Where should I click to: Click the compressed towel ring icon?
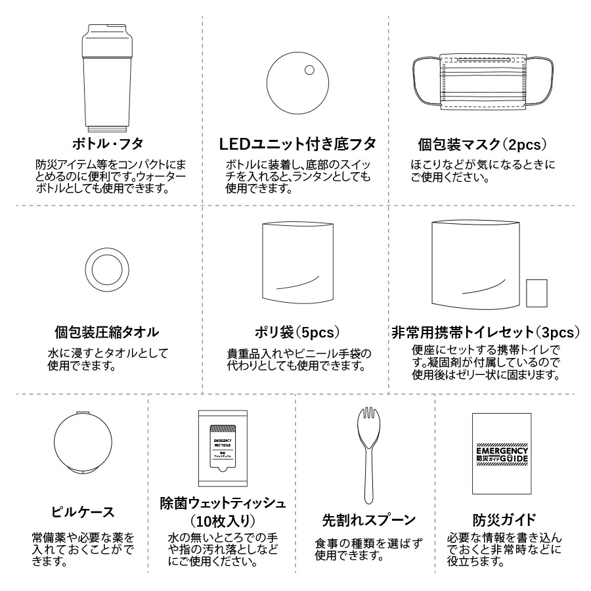[106, 269]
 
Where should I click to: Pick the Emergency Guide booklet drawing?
[501, 453]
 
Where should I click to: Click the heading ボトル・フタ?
[106, 143]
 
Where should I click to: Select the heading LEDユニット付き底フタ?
[297, 143]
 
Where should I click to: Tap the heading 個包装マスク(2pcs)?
[483, 144]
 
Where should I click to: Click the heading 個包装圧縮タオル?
[106, 332]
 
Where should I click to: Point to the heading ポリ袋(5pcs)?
[297, 332]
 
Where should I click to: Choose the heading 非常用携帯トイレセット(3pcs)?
[486, 332]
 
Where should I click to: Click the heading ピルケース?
[83, 512]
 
